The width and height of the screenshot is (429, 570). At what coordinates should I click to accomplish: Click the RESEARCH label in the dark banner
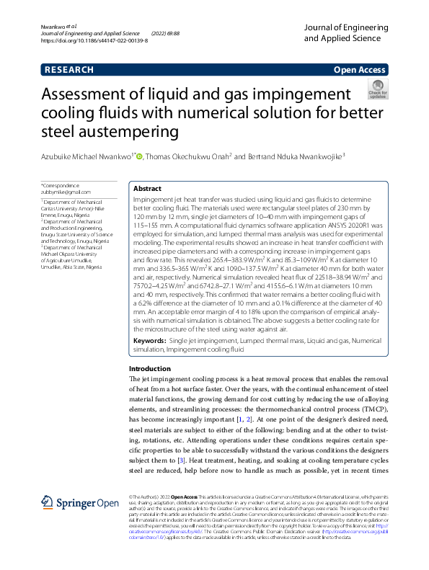(x=68, y=70)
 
